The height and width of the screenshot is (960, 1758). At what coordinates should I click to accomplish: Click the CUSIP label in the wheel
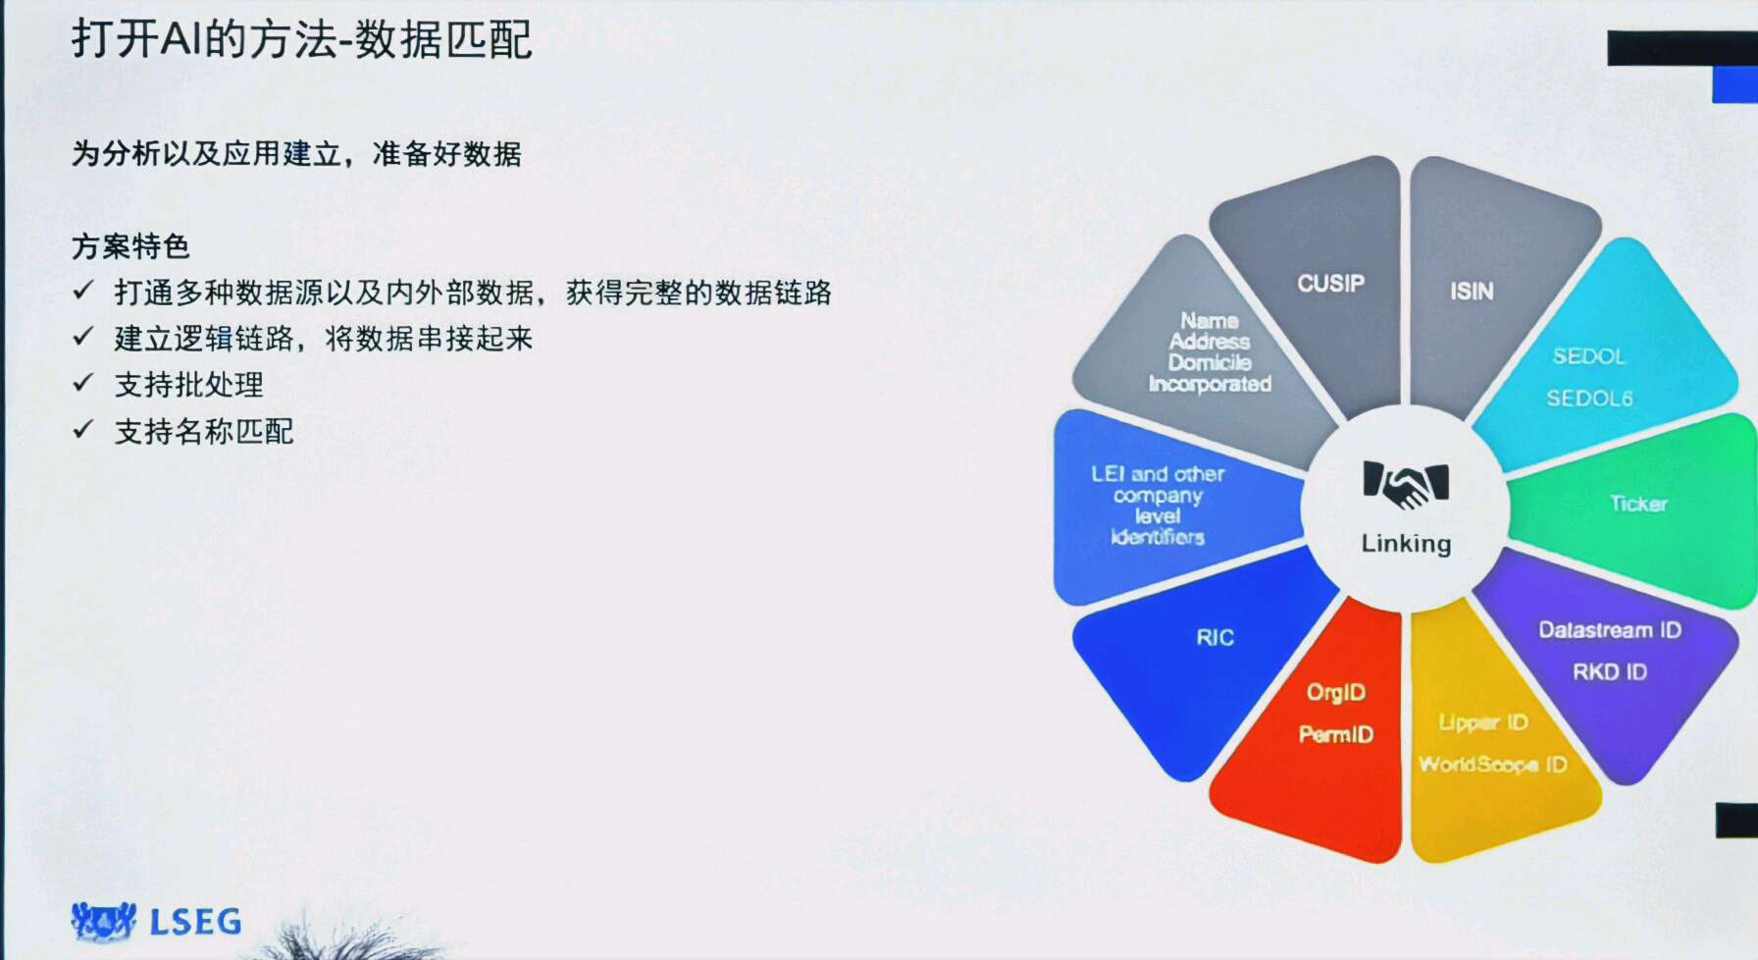[x=1330, y=284]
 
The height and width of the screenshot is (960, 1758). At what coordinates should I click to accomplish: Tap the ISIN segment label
[x=1472, y=292]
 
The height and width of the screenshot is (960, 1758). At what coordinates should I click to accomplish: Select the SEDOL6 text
[x=1589, y=399]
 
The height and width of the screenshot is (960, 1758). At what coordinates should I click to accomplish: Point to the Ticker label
[x=1638, y=504]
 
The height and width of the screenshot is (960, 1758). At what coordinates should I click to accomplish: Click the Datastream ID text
[x=1610, y=630]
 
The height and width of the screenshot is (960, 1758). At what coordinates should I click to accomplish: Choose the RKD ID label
[x=1610, y=672]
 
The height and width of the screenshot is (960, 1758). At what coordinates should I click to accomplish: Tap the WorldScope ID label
[x=1492, y=765]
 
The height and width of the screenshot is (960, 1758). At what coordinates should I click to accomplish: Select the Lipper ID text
[x=1483, y=723]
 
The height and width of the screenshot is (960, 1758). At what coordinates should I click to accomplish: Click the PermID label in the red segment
[x=1336, y=734]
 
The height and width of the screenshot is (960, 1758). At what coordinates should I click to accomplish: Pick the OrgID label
[x=1336, y=693]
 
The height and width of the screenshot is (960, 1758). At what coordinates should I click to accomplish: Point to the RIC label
[x=1215, y=638]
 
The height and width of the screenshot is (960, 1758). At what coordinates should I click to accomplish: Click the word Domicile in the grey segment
[x=1210, y=363]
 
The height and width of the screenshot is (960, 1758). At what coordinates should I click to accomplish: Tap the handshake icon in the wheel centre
[x=1406, y=484]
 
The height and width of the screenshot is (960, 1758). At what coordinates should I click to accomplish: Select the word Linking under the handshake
[x=1406, y=544]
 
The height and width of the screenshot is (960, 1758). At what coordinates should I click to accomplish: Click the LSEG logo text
[x=195, y=922]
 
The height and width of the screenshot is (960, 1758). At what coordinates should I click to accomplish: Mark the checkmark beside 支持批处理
[x=83, y=383]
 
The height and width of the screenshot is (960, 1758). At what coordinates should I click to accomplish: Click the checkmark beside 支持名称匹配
[x=83, y=429]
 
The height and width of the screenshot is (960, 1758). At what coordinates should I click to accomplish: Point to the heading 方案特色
[x=130, y=245]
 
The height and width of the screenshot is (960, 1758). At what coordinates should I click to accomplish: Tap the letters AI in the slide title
[x=180, y=40]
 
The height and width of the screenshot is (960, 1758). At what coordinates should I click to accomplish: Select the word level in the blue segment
[x=1158, y=516]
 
